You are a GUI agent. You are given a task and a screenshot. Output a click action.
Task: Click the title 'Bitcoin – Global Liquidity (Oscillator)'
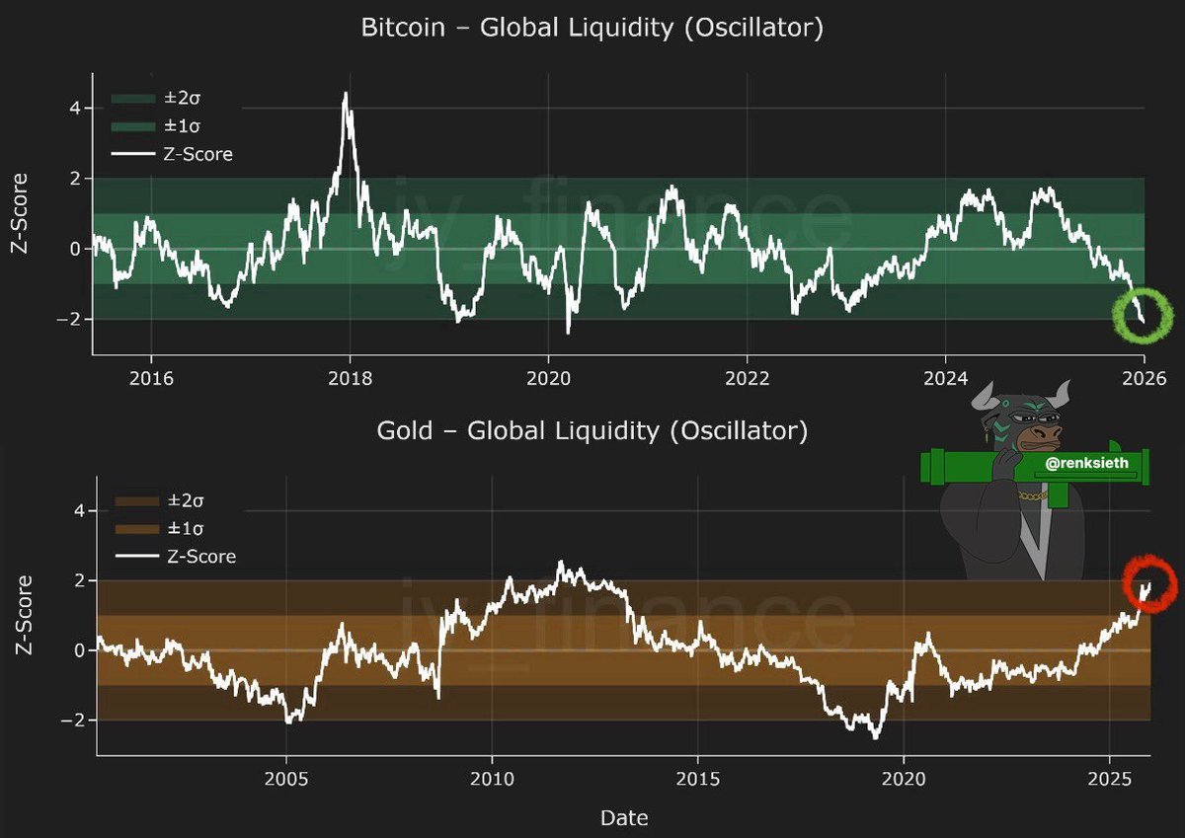point(592,28)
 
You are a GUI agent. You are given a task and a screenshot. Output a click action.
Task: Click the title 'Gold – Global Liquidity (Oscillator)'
point(592,431)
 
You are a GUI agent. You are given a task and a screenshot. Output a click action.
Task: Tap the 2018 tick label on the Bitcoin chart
point(350,379)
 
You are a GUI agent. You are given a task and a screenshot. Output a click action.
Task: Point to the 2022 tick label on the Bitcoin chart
point(747,379)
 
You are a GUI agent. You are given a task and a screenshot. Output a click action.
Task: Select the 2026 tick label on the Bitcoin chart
point(1144,379)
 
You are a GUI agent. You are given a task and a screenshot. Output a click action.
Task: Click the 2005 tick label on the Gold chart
point(286,780)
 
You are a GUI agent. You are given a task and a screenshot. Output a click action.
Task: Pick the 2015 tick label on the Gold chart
point(698,780)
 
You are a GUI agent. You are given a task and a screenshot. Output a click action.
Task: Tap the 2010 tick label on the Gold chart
point(492,780)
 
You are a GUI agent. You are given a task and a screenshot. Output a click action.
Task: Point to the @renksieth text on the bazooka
point(1086,463)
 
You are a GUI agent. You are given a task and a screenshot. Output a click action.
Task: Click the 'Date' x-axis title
point(624,818)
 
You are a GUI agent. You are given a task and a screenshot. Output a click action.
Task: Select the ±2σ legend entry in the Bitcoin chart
point(156,99)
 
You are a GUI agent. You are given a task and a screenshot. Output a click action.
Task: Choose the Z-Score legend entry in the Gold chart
point(176,557)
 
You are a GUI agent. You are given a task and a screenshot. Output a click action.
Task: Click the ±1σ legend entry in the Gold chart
point(159,528)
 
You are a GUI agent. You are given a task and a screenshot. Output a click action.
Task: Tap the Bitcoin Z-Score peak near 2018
point(346,94)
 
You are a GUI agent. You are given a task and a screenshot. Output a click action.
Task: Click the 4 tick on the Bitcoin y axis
point(75,109)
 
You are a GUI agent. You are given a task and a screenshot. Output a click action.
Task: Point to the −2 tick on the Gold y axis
point(72,721)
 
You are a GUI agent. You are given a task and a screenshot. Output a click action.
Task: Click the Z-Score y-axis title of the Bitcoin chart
point(20,213)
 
